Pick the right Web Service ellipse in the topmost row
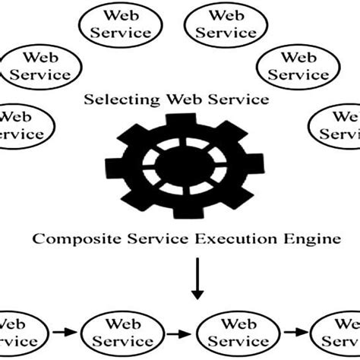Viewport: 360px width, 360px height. (x=226, y=25)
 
